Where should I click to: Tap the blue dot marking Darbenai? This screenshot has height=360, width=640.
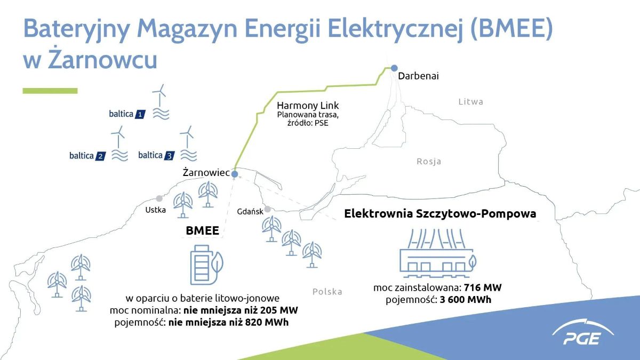pyautogui.click(x=394, y=68)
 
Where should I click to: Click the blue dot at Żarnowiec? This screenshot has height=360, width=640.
pyautogui.click(x=235, y=174)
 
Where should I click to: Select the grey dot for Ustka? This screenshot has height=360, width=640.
pyautogui.click(x=159, y=198)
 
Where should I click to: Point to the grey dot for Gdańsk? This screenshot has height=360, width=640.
pyautogui.click(x=267, y=210)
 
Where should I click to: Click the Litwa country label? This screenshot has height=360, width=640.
pyautogui.click(x=471, y=102)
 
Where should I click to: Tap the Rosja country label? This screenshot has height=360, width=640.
pyautogui.click(x=429, y=162)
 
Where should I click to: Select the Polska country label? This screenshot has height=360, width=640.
pyautogui.click(x=327, y=291)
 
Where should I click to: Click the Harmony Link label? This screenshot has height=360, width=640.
pyautogui.click(x=308, y=106)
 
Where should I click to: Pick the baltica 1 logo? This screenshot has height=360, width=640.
pyautogui.click(x=127, y=114)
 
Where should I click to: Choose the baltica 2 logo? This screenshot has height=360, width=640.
pyautogui.click(x=87, y=156)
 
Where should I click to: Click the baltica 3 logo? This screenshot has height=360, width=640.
pyautogui.click(x=156, y=155)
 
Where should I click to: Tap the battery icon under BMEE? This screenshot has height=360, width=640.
pyautogui.click(x=206, y=265)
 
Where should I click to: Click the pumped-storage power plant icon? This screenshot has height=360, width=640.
pyautogui.click(x=438, y=253)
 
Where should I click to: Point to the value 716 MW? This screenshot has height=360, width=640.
pyautogui.click(x=483, y=287)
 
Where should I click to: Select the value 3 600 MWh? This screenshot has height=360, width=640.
pyautogui.click(x=466, y=300)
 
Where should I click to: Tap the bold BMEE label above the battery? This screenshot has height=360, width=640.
pyautogui.click(x=202, y=230)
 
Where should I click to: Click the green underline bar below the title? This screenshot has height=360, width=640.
pyautogui.click(x=50, y=91)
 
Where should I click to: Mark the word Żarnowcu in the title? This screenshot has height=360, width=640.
pyautogui.click(x=102, y=59)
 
